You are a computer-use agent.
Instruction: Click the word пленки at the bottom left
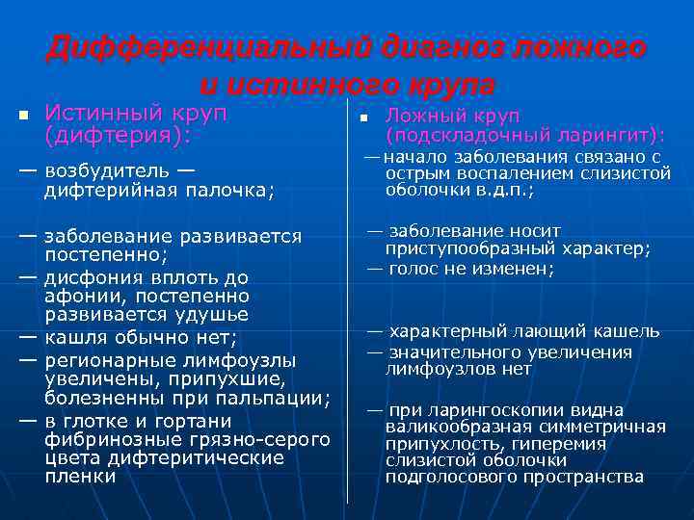tap(80, 476)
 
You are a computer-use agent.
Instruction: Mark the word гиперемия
tap(559, 444)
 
